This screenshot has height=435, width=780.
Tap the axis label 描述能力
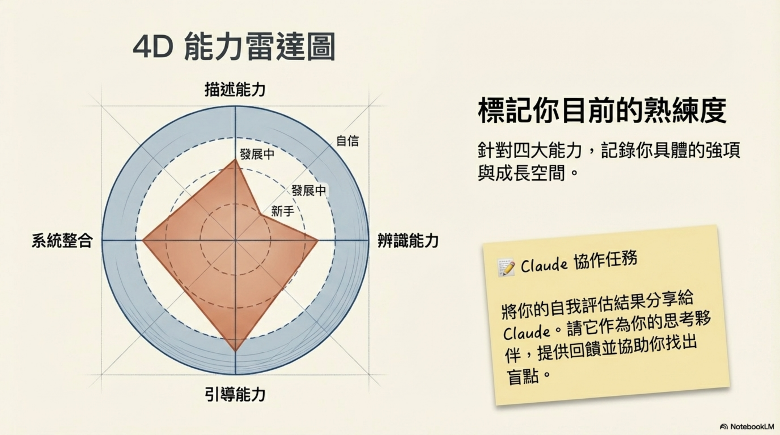point(235,90)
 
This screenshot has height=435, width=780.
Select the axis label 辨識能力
point(408,241)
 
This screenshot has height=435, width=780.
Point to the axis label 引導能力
point(235,394)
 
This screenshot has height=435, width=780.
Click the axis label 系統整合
point(62,241)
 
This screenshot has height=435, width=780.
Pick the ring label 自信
point(347,141)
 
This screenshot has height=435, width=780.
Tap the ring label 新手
point(283,211)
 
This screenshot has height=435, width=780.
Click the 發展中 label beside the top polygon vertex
point(257,154)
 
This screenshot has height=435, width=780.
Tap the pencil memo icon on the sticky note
point(506,267)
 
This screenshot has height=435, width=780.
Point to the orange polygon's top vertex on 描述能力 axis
point(235,160)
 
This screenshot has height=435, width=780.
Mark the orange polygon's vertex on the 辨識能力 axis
point(318,240)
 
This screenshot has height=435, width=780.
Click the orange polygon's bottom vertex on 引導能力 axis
point(235,351)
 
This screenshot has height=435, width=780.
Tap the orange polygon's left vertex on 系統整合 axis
point(143,240)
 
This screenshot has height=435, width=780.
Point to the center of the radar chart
point(235,240)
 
